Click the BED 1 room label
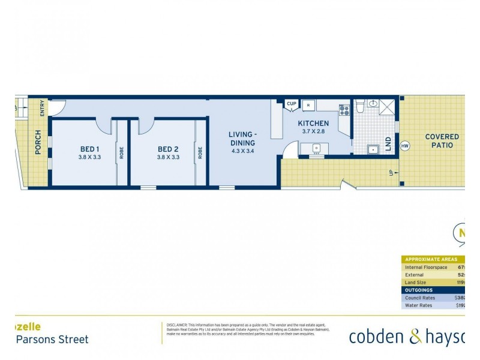coord(89,149)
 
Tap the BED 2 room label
coord(168,149)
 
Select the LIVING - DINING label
coord(242,139)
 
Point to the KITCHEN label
coord(313,124)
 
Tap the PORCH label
coord(38,142)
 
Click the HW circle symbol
coord(404,146)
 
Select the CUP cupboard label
coord(292,104)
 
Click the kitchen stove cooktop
coord(344,110)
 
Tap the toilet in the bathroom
coord(359,106)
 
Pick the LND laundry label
coord(388,143)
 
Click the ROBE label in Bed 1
coord(121,152)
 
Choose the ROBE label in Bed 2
coord(200,152)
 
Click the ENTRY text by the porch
coord(42,109)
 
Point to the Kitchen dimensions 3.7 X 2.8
coord(313,131)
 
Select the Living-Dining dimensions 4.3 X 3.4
coord(242,151)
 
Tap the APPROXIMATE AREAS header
coord(431,259)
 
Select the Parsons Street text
coord(52,340)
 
